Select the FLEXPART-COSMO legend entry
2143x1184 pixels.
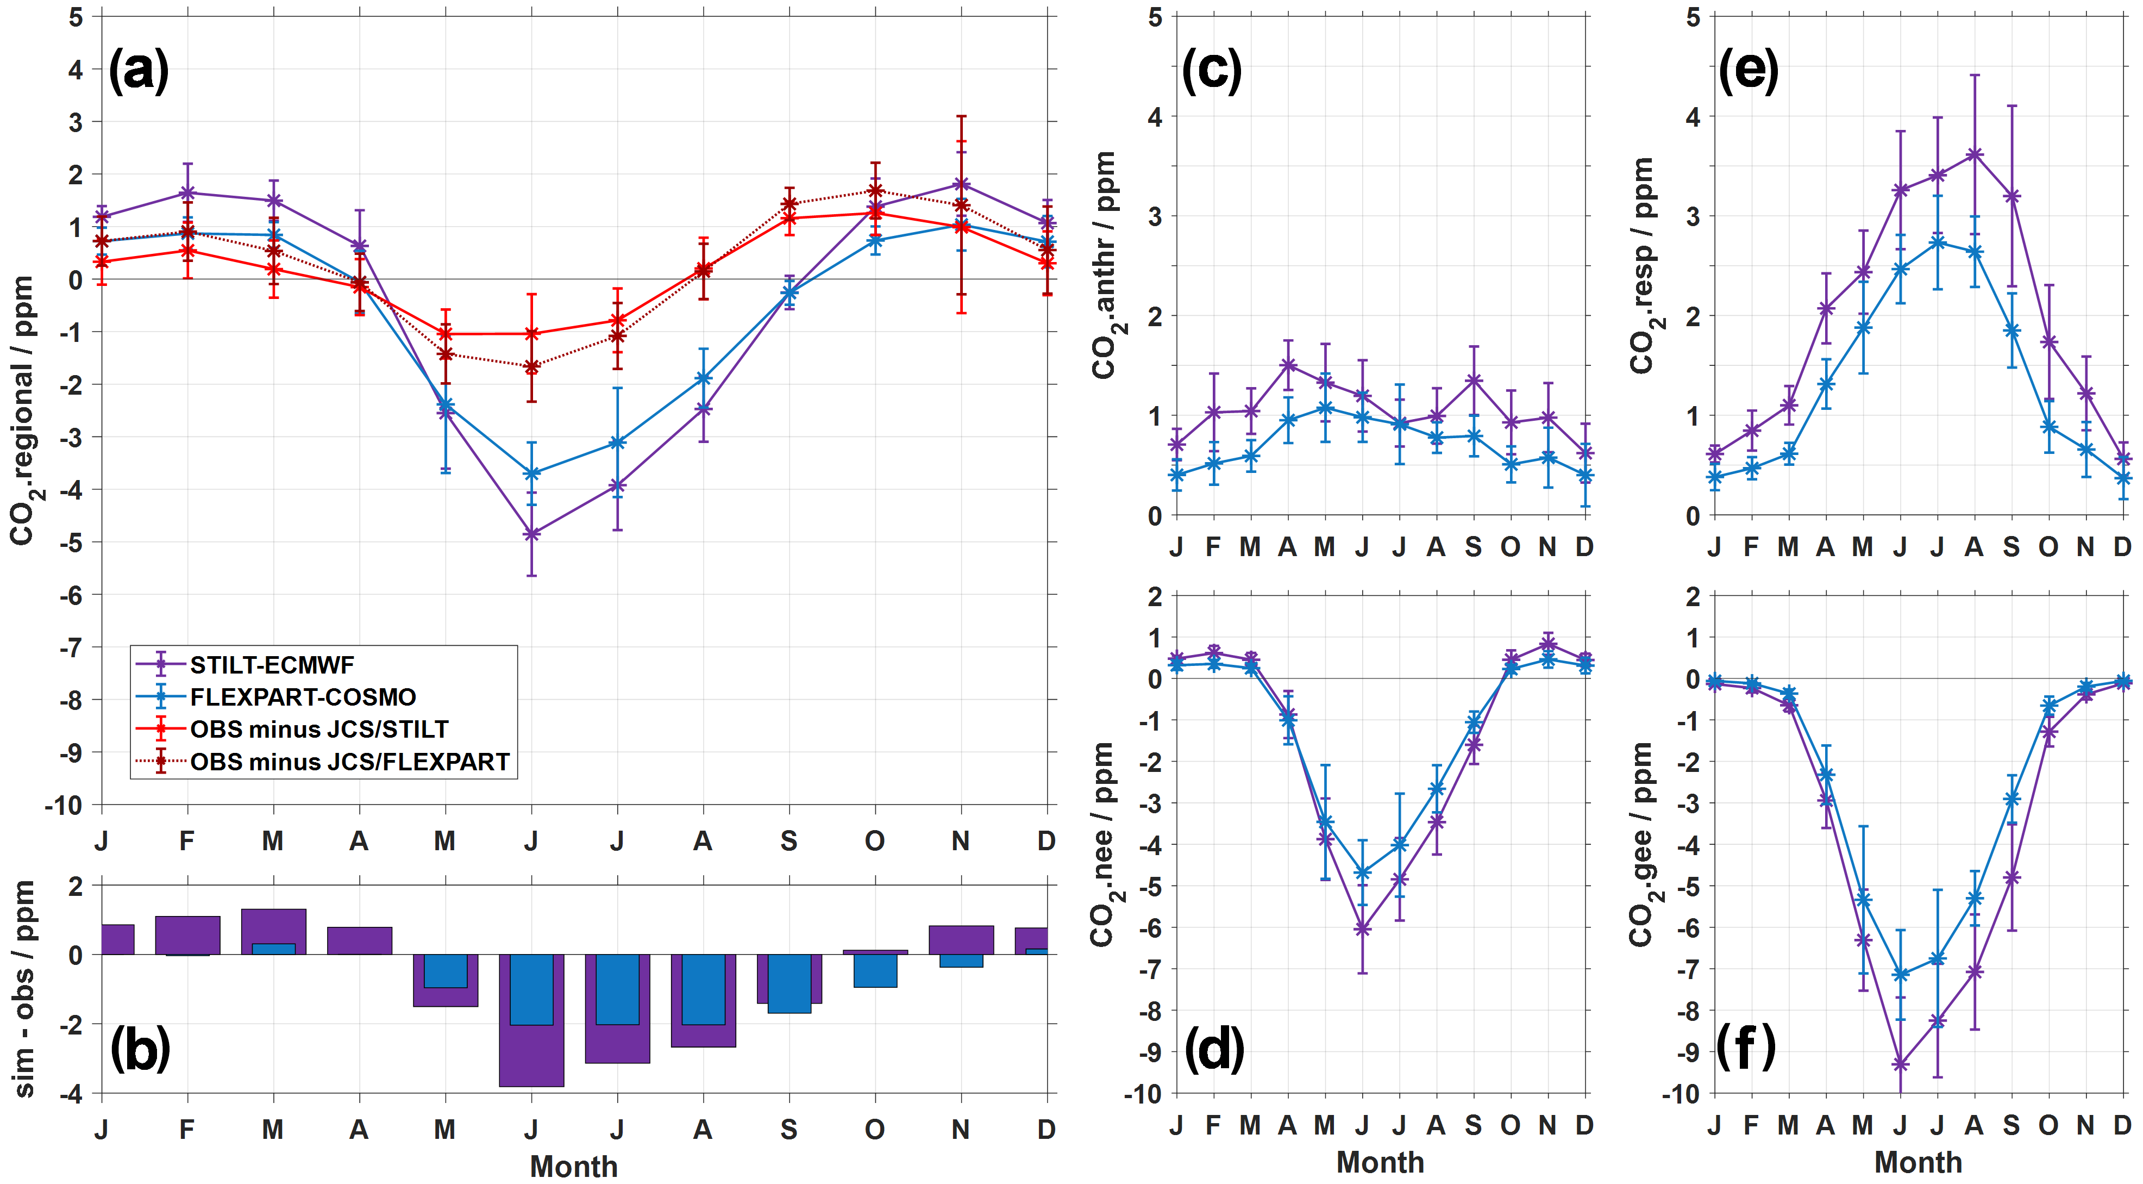[303, 697]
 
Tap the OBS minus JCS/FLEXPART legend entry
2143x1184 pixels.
[349, 762]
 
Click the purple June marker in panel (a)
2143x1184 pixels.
[531, 534]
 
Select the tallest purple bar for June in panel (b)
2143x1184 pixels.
[531, 1057]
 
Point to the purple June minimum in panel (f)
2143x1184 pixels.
[1901, 1064]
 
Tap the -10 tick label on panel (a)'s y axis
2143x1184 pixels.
[65, 806]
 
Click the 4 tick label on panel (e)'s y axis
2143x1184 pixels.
[1692, 116]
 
